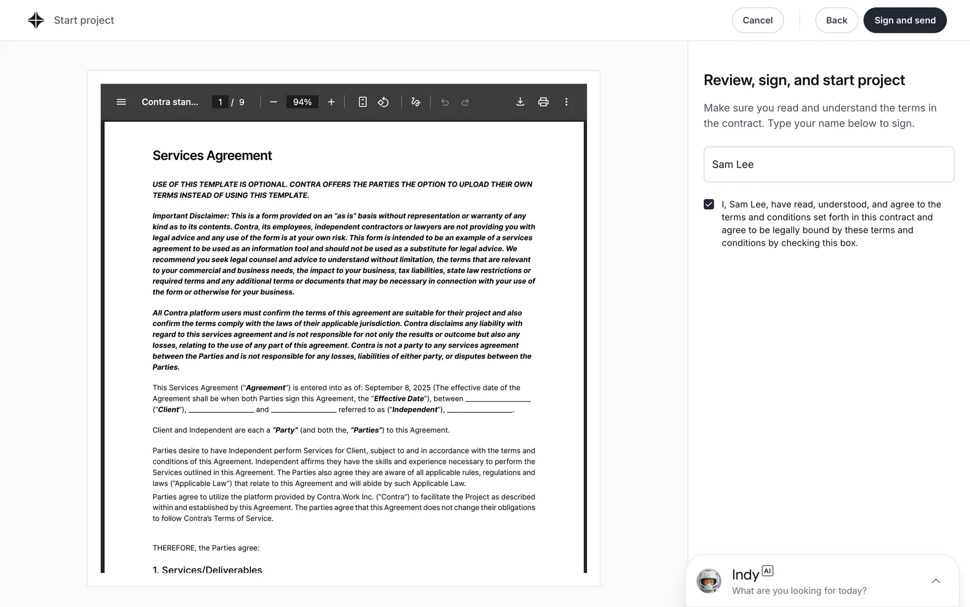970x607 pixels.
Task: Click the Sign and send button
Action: click(x=904, y=20)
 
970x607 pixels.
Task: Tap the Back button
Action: click(x=836, y=20)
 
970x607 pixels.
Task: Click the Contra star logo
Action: click(x=36, y=20)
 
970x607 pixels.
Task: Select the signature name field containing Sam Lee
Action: click(x=829, y=164)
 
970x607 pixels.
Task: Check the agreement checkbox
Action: click(x=709, y=204)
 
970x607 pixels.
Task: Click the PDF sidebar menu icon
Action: click(x=121, y=102)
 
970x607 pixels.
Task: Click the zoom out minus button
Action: click(x=273, y=102)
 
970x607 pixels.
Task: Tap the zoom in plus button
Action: click(x=331, y=102)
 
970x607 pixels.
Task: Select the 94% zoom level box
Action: click(x=302, y=102)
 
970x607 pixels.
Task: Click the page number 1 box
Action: click(x=220, y=102)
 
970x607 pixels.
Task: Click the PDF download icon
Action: click(x=520, y=102)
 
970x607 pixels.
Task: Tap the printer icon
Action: click(x=543, y=102)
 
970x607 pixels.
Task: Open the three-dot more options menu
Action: click(x=566, y=102)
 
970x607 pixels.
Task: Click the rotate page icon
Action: click(x=383, y=102)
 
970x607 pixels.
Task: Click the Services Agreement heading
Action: click(x=212, y=155)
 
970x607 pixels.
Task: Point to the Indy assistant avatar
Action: click(x=709, y=581)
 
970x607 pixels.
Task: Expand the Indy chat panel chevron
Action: click(x=936, y=581)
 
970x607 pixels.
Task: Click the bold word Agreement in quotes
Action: click(x=266, y=388)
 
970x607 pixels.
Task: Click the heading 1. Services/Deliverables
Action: click(x=207, y=569)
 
